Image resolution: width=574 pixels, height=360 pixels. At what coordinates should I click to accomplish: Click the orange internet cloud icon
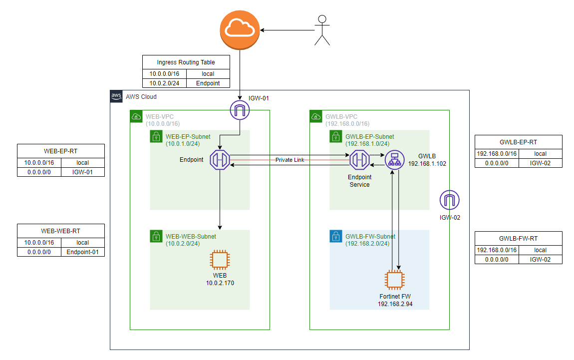click(x=240, y=31)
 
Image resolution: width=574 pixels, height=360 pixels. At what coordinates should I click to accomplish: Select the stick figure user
click(x=322, y=31)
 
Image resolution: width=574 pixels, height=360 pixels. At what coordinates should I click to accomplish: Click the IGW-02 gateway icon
click(x=450, y=200)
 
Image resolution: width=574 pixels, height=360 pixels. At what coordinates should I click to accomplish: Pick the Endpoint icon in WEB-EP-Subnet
click(x=220, y=159)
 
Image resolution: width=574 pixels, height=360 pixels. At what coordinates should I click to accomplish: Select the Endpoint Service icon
click(x=359, y=159)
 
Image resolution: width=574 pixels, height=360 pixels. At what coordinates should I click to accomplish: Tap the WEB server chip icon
click(x=220, y=260)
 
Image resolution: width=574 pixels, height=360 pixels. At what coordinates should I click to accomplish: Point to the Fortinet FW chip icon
click(x=394, y=280)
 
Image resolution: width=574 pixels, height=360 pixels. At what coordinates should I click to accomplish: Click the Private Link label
click(x=290, y=160)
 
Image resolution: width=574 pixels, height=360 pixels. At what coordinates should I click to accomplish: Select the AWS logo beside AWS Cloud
click(x=116, y=96)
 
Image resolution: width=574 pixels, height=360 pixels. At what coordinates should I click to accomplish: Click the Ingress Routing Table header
click(x=186, y=62)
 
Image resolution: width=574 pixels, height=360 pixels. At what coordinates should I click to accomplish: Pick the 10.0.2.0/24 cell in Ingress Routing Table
click(x=164, y=83)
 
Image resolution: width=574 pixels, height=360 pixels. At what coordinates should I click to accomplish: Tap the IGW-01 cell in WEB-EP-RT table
click(x=82, y=172)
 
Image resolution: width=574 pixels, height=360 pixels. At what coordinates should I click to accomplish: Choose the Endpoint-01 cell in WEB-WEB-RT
click(x=82, y=252)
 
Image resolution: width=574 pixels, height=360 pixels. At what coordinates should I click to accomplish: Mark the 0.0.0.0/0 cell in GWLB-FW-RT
click(x=496, y=260)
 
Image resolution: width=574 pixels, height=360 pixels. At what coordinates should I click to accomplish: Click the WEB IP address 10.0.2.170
click(x=220, y=283)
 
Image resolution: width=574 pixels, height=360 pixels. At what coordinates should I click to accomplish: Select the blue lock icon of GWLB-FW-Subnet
click(x=336, y=236)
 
